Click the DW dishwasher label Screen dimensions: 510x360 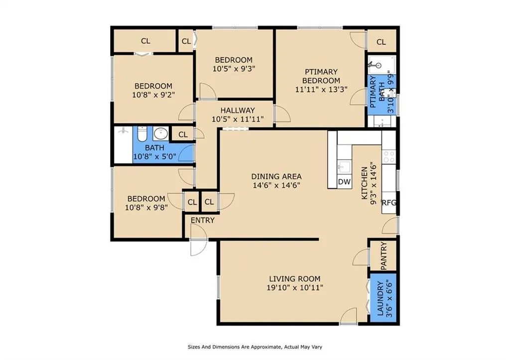click(344, 182)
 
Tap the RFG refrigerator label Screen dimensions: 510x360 click(389, 203)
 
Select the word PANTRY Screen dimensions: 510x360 click(383, 255)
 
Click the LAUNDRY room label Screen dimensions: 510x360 click(380, 299)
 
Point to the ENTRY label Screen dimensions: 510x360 click(203, 220)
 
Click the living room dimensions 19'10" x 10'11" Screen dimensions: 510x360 click(295, 287)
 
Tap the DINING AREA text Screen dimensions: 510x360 click(276, 177)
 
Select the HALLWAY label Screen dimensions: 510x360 click(238, 110)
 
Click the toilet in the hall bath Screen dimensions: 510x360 click(142, 134)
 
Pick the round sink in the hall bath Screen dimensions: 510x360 click(161, 133)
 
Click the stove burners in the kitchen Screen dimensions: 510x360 click(389, 157)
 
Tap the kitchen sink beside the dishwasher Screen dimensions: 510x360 click(344, 167)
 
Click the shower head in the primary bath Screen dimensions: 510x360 click(378, 65)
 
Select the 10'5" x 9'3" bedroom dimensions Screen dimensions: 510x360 click(234, 69)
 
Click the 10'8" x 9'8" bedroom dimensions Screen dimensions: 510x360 click(146, 207)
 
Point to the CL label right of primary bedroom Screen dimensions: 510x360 click(381, 42)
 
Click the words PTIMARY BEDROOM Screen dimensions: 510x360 click(321, 76)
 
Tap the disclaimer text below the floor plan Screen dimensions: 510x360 click(255, 347)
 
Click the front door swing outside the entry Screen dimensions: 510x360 click(199, 248)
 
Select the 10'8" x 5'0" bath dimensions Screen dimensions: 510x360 click(155, 156)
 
